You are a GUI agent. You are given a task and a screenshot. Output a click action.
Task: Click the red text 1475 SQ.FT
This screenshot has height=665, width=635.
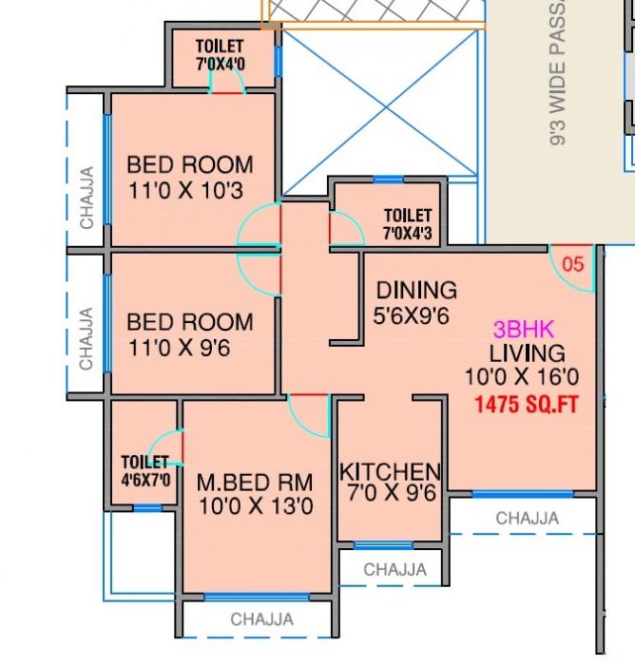tap(526, 403)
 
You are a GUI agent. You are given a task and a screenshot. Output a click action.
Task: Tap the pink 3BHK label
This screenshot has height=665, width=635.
tap(518, 330)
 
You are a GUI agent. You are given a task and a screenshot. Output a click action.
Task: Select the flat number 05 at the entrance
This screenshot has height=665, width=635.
tap(573, 265)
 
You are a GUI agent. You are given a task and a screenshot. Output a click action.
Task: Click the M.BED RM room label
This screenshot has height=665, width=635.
tap(256, 482)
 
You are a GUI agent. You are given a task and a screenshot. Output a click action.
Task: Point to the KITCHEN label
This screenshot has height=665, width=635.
tap(390, 472)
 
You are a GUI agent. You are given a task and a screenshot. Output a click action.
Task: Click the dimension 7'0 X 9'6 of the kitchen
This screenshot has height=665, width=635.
tap(390, 494)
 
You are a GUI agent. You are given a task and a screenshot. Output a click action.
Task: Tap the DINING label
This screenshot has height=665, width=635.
tap(416, 290)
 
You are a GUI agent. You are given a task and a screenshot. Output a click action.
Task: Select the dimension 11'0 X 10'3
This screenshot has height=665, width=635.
tap(186, 190)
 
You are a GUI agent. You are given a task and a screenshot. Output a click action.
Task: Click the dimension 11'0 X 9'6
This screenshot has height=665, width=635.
tap(179, 348)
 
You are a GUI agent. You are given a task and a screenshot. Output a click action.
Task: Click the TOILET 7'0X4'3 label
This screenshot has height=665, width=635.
tap(408, 224)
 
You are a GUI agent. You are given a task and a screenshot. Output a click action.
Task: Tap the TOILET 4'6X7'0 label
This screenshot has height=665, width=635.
tap(145, 471)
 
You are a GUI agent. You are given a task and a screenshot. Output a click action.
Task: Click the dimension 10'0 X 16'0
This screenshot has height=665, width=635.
tap(519, 377)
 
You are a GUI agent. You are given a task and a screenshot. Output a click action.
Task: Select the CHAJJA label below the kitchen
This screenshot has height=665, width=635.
tap(394, 570)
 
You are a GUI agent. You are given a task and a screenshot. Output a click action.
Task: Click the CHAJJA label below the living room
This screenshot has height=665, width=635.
tap(528, 519)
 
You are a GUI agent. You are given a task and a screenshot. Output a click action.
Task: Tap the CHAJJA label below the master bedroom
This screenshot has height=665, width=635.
tap(261, 619)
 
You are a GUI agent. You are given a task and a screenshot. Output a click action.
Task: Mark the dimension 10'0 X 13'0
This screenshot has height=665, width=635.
tap(256, 505)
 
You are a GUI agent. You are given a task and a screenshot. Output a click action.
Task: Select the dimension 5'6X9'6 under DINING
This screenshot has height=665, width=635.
tap(411, 314)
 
